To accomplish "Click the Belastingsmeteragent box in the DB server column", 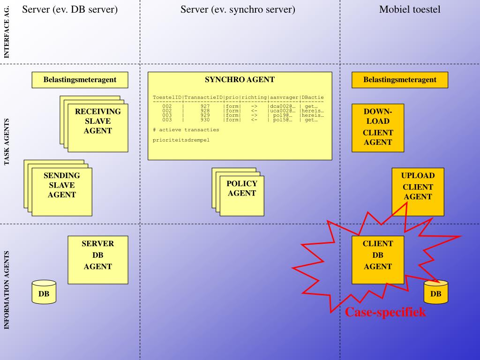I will tap(80, 80).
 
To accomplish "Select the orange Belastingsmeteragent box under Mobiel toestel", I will tap(399, 80).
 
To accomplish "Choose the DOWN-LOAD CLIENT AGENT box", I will tap(377, 127).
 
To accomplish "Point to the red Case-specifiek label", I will tap(385, 312).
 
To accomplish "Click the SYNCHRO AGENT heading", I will tap(240, 80).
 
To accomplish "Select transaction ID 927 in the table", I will tap(205, 106).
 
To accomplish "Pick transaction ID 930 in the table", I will tap(205, 120).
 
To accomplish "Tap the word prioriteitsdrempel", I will tap(181, 140).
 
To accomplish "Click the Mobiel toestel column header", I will tap(410, 9).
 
